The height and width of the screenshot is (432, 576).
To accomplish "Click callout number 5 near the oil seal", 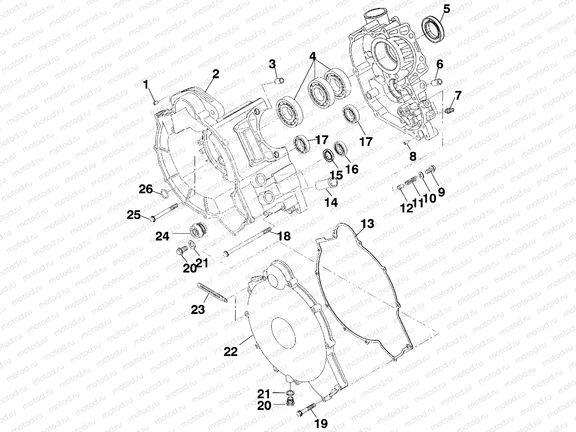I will tap(446, 9).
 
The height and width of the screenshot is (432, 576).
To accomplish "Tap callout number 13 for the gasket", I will tap(368, 224).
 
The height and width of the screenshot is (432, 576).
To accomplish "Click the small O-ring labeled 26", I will tap(163, 194).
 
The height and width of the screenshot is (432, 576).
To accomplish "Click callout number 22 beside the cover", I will tap(230, 351).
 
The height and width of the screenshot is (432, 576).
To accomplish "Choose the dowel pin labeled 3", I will tap(280, 80).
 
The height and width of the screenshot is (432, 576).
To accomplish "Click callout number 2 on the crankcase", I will tap(215, 74).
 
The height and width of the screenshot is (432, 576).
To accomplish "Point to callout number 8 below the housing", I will tap(413, 156).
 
